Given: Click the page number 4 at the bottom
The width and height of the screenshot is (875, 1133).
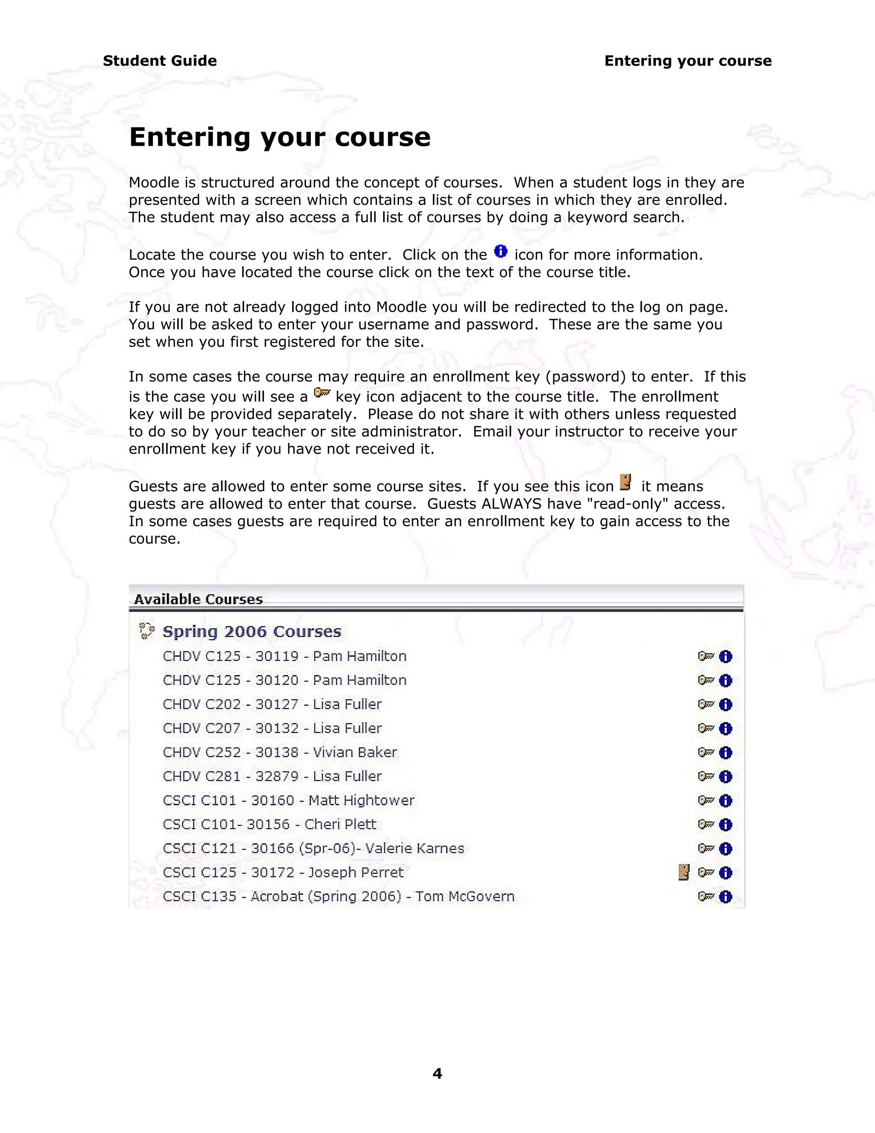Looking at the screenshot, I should click(x=437, y=1073).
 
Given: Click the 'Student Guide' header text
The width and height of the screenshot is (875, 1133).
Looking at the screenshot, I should click(x=160, y=61).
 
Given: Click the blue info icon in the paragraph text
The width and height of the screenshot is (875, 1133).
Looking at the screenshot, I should click(x=501, y=251).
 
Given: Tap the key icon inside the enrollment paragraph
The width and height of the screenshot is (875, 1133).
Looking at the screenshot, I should click(x=322, y=393).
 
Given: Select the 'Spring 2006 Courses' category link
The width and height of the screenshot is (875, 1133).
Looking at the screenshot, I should click(x=252, y=631).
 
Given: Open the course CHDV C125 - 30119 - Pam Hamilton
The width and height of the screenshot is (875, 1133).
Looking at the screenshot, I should click(x=285, y=656).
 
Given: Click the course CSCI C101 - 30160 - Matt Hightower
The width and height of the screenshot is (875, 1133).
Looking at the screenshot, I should click(x=289, y=800).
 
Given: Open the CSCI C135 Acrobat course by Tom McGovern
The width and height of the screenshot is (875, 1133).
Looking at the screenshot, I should click(x=338, y=897).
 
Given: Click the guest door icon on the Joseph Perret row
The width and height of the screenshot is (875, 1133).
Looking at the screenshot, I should click(x=684, y=873).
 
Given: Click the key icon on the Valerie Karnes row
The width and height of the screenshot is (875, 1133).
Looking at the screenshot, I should click(x=705, y=849).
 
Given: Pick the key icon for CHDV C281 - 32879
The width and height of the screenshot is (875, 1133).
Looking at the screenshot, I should click(x=705, y=776).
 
